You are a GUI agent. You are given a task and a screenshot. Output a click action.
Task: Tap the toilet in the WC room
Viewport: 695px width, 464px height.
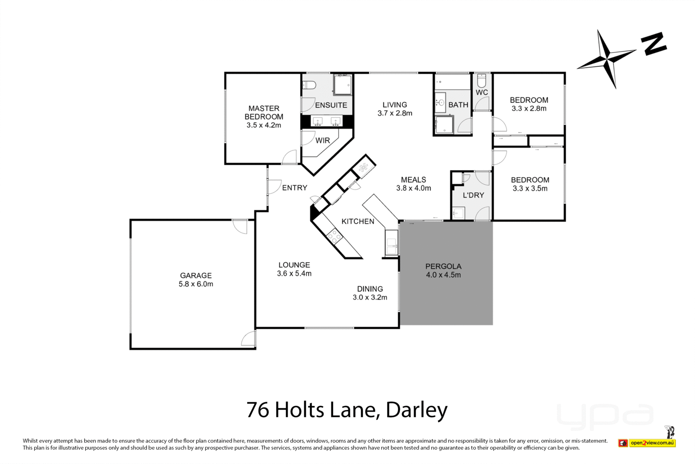click(481, 81)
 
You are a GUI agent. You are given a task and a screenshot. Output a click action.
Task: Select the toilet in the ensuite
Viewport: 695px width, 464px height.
click(309, 84)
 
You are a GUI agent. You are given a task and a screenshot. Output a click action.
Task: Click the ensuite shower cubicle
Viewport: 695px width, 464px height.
click(342, 85)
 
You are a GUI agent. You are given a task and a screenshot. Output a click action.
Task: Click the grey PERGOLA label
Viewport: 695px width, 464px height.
click(443, 266)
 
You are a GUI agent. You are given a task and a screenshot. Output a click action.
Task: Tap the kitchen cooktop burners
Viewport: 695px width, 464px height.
click(334, 237)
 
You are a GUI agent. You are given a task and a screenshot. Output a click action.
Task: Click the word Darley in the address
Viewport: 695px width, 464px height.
click(417, 410)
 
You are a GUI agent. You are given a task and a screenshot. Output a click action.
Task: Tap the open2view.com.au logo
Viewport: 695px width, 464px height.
click(652, 443)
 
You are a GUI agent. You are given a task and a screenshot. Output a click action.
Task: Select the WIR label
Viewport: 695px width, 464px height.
click(323, 140)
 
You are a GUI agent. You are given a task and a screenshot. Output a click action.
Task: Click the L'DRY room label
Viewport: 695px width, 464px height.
click(473, 195)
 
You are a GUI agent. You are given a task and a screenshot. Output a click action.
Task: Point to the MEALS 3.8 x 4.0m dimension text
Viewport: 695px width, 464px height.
click(414, 188)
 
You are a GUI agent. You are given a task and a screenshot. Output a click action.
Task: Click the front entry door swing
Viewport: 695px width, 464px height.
click(274, 187)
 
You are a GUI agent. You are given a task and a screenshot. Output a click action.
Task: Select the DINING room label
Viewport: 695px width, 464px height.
click(370, 289)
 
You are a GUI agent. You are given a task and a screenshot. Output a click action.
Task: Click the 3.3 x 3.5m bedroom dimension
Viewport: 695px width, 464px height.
click(530, 188)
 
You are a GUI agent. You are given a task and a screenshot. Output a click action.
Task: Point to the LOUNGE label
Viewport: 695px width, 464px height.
click(294, 265)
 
